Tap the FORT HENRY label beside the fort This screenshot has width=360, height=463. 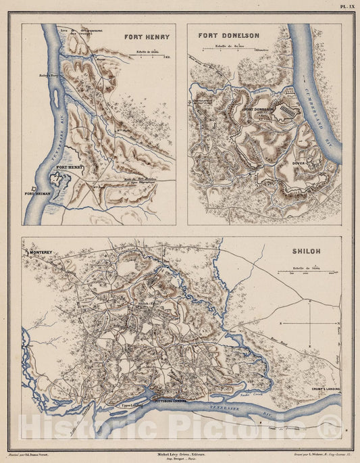tap(70, 166)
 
